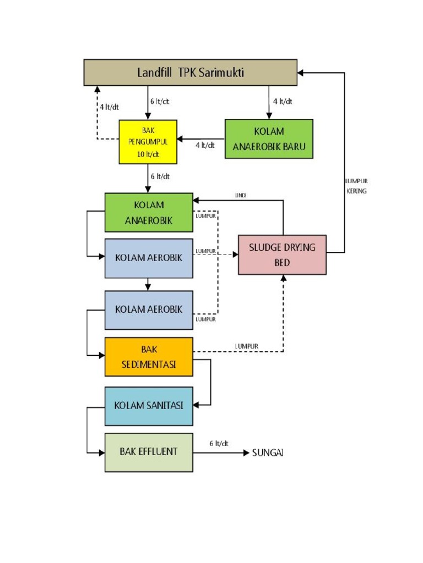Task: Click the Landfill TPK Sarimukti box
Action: [x=190, y=73]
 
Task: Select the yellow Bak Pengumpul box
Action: [x=148, y=142]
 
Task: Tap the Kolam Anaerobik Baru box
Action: [x=269, y=139]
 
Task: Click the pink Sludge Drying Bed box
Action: [x=283, y=255]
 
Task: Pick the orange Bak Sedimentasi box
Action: [x=149, y=357]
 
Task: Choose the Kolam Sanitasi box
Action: [x=149, y=406]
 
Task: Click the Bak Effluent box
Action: [x=149, y=452]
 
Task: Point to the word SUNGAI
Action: [x=268, y=453]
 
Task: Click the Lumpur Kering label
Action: [x=356, y=186]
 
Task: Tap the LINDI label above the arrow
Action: [x=241, y=195]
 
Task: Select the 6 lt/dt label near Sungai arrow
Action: [x=219, y=444]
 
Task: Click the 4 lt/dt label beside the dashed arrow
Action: [x=110, y=107]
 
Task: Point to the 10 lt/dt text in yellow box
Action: [x=148, y=154]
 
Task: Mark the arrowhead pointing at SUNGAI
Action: [x=246, y=453]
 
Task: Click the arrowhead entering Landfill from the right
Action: [x=301, y=73]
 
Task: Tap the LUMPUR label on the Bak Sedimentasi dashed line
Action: [x=247, y=346]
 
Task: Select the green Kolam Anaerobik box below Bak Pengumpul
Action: [x=149, y=213]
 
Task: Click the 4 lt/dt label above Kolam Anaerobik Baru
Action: [x=283, y=101]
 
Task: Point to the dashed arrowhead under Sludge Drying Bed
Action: [x=284, y=278]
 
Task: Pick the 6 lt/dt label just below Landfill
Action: [x=160, y=102]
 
